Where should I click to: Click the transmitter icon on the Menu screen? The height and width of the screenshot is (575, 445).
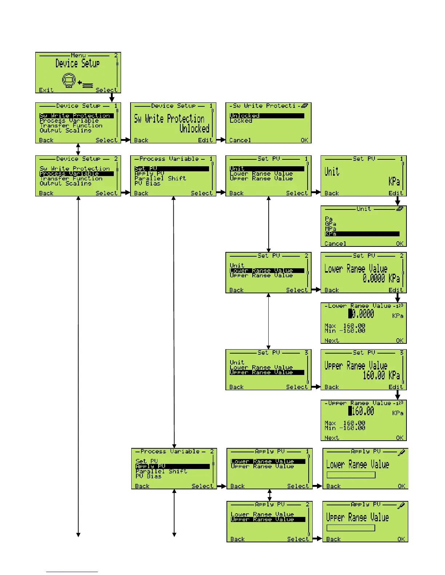(68, 80)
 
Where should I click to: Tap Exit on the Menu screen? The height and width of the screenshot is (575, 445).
(46, 90)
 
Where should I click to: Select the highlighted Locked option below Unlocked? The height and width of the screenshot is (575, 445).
(241, 121)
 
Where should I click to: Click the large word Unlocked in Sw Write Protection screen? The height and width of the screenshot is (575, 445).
(194, 129)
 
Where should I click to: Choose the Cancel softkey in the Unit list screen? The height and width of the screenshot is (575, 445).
(335, 244)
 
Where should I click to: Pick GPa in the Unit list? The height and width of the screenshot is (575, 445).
(330, 224)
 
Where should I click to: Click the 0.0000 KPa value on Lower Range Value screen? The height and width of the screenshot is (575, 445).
(381, 278)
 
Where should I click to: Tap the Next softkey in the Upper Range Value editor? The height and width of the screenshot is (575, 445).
(332, 438)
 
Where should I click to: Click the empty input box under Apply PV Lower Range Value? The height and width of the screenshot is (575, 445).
(351, 475)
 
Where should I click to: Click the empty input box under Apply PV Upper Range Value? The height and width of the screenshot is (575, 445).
(350, 528)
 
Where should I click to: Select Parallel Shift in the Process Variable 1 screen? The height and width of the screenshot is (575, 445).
(160, 178)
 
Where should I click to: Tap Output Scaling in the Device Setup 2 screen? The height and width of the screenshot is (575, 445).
(65, 184)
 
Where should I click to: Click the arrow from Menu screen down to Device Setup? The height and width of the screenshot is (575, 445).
(112, 97)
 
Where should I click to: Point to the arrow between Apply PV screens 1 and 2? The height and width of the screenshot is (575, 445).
(269, 495)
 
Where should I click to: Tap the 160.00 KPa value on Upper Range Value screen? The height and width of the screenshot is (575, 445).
(381, 375)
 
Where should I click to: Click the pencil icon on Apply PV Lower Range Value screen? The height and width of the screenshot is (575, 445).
(401, 453)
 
